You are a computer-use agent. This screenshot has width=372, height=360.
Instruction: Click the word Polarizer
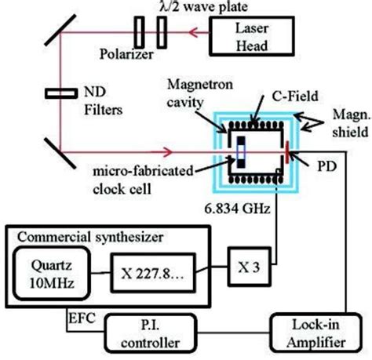pyautogui.click(x=111, y=58)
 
